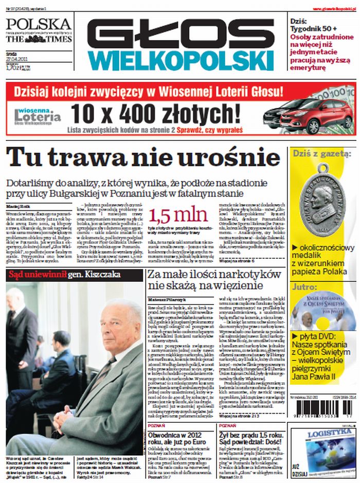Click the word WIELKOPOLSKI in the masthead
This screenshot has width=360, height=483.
(x=180, y=61)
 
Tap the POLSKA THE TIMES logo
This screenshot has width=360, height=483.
(x=39, y=31)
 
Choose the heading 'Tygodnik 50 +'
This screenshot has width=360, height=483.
(x=313, y=29)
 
